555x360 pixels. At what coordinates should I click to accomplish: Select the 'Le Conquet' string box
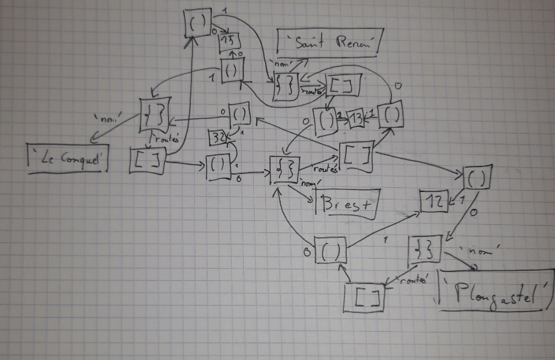click(67, 159)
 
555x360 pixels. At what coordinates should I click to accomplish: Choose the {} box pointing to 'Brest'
click(283, 169)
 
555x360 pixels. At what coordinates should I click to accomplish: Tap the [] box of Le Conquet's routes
click(146, 159)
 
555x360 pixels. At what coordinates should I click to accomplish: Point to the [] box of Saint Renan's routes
click(344, 85)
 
